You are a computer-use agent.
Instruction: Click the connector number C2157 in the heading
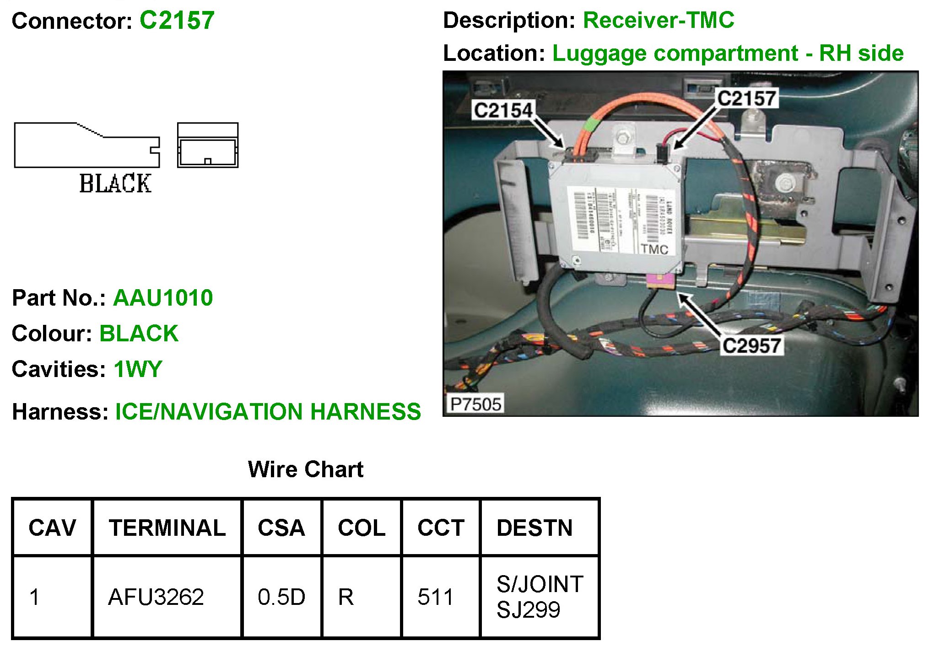click(x=177, y=21)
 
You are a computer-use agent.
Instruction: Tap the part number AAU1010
click(x=163, y=298)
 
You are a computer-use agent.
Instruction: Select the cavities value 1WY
click(x=138, y=369)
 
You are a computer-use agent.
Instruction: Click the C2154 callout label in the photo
click(x=503, y=110)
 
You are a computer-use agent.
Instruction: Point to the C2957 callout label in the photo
click(x=751, y=346)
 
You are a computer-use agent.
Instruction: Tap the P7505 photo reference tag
click(x=475, y=404)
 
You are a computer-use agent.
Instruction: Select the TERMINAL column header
click(x=167, y=528)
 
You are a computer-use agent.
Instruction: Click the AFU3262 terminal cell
click(x=156, y=597)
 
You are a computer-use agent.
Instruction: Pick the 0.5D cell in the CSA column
click(x=281, y=597)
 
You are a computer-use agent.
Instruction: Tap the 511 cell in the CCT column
click(x=435, y=597)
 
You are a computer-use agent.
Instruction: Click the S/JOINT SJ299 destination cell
click(x=540, y=597)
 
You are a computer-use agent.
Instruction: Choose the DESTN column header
click(x=535, y=528)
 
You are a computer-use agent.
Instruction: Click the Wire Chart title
click(x=306, y=469)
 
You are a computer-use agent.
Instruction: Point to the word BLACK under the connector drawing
click(x=115, y=183)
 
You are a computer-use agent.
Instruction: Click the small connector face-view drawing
click(x=208, y=145)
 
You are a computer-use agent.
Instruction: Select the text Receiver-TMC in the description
click(x=659, y=21)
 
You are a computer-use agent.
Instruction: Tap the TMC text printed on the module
click(x=654, y=249)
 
